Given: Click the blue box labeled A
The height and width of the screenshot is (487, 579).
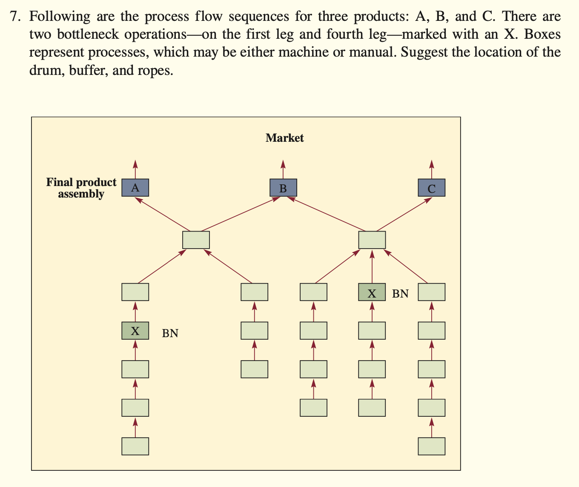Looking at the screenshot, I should pyautogui.click(x=135, y=188).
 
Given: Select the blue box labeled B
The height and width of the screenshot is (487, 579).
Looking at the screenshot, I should pyautogui.click(x=283, y=188).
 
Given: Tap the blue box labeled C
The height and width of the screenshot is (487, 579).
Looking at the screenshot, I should pyautogui.click(x=431, y=188).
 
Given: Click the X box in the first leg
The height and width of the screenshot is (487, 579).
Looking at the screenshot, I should pyautogui.click(x=135, y=331).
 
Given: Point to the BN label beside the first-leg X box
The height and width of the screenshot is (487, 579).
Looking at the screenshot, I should pyautogui.click(x=170, y=333).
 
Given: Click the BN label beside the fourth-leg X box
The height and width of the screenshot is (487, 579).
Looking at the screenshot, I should pyautogui.click(x=400, y=294).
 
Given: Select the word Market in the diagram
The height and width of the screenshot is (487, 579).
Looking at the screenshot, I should pyautogui.click(x=284, y=138).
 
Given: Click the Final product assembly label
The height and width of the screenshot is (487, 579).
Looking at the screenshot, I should pyautogui.click(x=81, y=188).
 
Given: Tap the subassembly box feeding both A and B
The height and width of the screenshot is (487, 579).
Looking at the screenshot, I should pyautogui.click(x=196, y=240).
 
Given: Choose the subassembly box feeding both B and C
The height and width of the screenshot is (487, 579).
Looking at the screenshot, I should pyautogui.click(x=372, y=240).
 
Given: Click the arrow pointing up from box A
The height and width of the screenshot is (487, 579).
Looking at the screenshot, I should pyautogui.click(x=135, y=169).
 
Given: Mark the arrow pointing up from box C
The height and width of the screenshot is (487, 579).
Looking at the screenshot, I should pyautogui.click(x=431, y=169).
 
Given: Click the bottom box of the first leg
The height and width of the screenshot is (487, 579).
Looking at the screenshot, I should pyautogui.click(x=135, y=446).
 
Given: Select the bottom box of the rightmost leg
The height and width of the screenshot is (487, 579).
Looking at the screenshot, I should pyautogui.click(x=431, y=446).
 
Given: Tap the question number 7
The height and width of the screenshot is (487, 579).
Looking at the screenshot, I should pyautogui.click(x=15, y=17).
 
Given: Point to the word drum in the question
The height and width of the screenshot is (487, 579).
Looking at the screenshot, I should pyautogui.click(x=45, y=70).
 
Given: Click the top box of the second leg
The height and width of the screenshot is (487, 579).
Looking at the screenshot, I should pyautogui.click(x=254, y=292).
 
